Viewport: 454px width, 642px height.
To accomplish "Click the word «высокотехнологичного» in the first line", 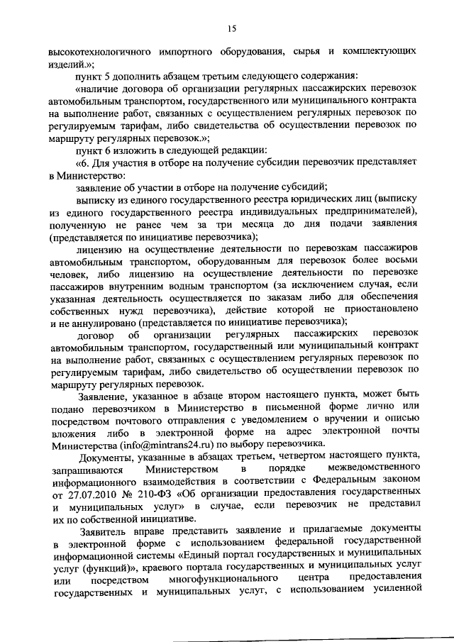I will [96, 52].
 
